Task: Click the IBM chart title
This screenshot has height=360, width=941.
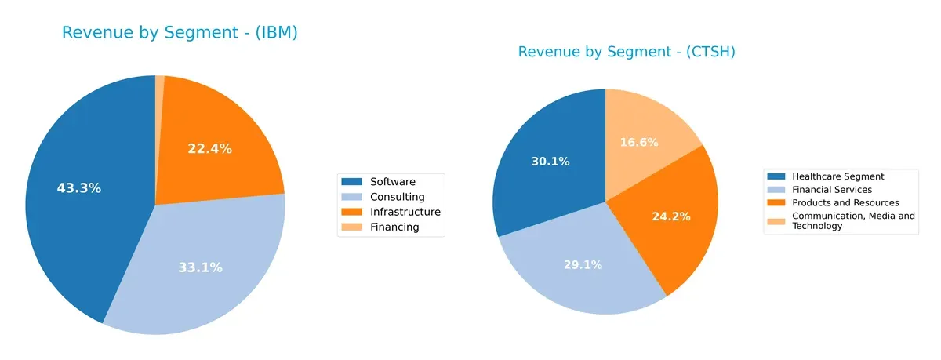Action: pos(180,33)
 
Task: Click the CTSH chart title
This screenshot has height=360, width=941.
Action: pos(627,52)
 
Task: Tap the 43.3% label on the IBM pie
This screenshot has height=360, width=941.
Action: pos(79,188)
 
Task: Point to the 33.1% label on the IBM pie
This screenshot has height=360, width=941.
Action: pos(200,267)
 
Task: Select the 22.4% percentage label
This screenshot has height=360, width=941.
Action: pos(209,148)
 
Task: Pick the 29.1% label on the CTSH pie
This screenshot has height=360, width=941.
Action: pos(583,265)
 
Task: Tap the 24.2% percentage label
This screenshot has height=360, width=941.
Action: pos(671,216)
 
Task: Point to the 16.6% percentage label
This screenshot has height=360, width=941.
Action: pos(638,142)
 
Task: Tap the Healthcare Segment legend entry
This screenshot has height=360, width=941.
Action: pos(837,176)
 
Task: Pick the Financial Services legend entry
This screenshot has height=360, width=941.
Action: pos(831,189)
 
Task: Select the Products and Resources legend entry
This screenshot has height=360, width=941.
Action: pos(845,202)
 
